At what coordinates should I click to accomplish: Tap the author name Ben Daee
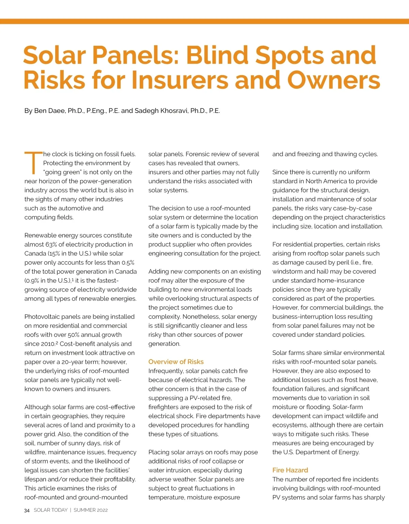tap(50, 111)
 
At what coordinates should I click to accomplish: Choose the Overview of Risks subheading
tap(176, 362)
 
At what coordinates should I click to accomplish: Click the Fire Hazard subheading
tap(290, 470)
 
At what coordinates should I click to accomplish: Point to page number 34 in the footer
tap(27, 510)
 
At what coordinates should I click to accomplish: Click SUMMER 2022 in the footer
tap(91, 510)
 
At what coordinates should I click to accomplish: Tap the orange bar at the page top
tap(204, 21)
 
